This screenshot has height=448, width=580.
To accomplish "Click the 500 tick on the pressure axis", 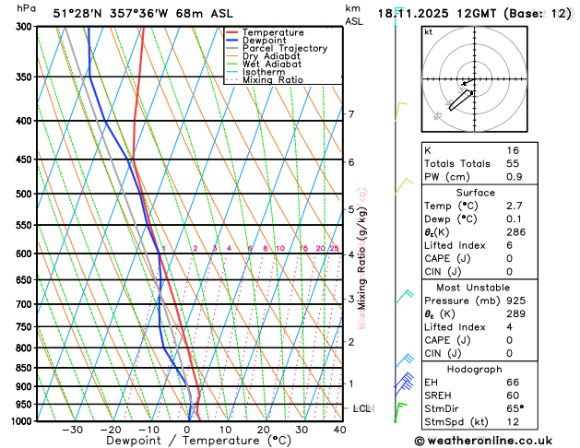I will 26,195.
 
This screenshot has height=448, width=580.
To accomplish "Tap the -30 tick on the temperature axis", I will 73,430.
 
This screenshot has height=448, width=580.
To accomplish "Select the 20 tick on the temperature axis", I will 264,430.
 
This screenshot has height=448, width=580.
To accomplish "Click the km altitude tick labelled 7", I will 351,114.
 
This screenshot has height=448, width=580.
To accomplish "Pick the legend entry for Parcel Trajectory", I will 284,48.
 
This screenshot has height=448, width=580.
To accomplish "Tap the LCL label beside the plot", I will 362,407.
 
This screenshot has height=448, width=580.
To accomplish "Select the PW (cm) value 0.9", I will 515,176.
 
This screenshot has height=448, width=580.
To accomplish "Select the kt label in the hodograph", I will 428,31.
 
